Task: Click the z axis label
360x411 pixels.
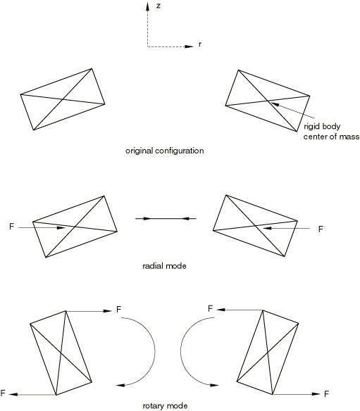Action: (x=159, y=6)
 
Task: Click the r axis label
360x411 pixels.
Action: (x=200, y=44)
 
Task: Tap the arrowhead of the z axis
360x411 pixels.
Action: (x=148, y=6)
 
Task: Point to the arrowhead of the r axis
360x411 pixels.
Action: (x=189, y=46)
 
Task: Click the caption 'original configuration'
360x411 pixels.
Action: (x=165, y=151)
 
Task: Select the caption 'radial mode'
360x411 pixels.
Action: (x=164, y=266)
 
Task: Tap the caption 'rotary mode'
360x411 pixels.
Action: (x=165, y=406)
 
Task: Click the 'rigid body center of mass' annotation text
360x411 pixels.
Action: (x=331, y=132)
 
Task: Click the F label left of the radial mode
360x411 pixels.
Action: (x=11, y=227)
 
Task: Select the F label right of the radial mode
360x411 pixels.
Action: (x=321, y=229)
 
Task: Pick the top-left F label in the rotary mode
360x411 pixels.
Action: (x=118, y=310)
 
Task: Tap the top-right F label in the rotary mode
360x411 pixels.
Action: (x=210, y=309)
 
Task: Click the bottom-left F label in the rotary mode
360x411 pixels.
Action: (x=3, y=393)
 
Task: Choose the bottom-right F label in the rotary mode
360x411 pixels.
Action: (x=326, y=394)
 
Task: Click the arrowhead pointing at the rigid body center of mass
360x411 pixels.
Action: (x=275, y=104)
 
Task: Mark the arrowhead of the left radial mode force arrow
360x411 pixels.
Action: (x=61, y=228)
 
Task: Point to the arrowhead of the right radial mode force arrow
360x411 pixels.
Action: (x=267, y=228)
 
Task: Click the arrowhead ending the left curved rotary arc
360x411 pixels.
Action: (x=120, y=385)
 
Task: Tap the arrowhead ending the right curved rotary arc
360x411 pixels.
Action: (x=214, y=385)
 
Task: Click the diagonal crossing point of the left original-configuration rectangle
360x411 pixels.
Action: (x=62, y=99)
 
